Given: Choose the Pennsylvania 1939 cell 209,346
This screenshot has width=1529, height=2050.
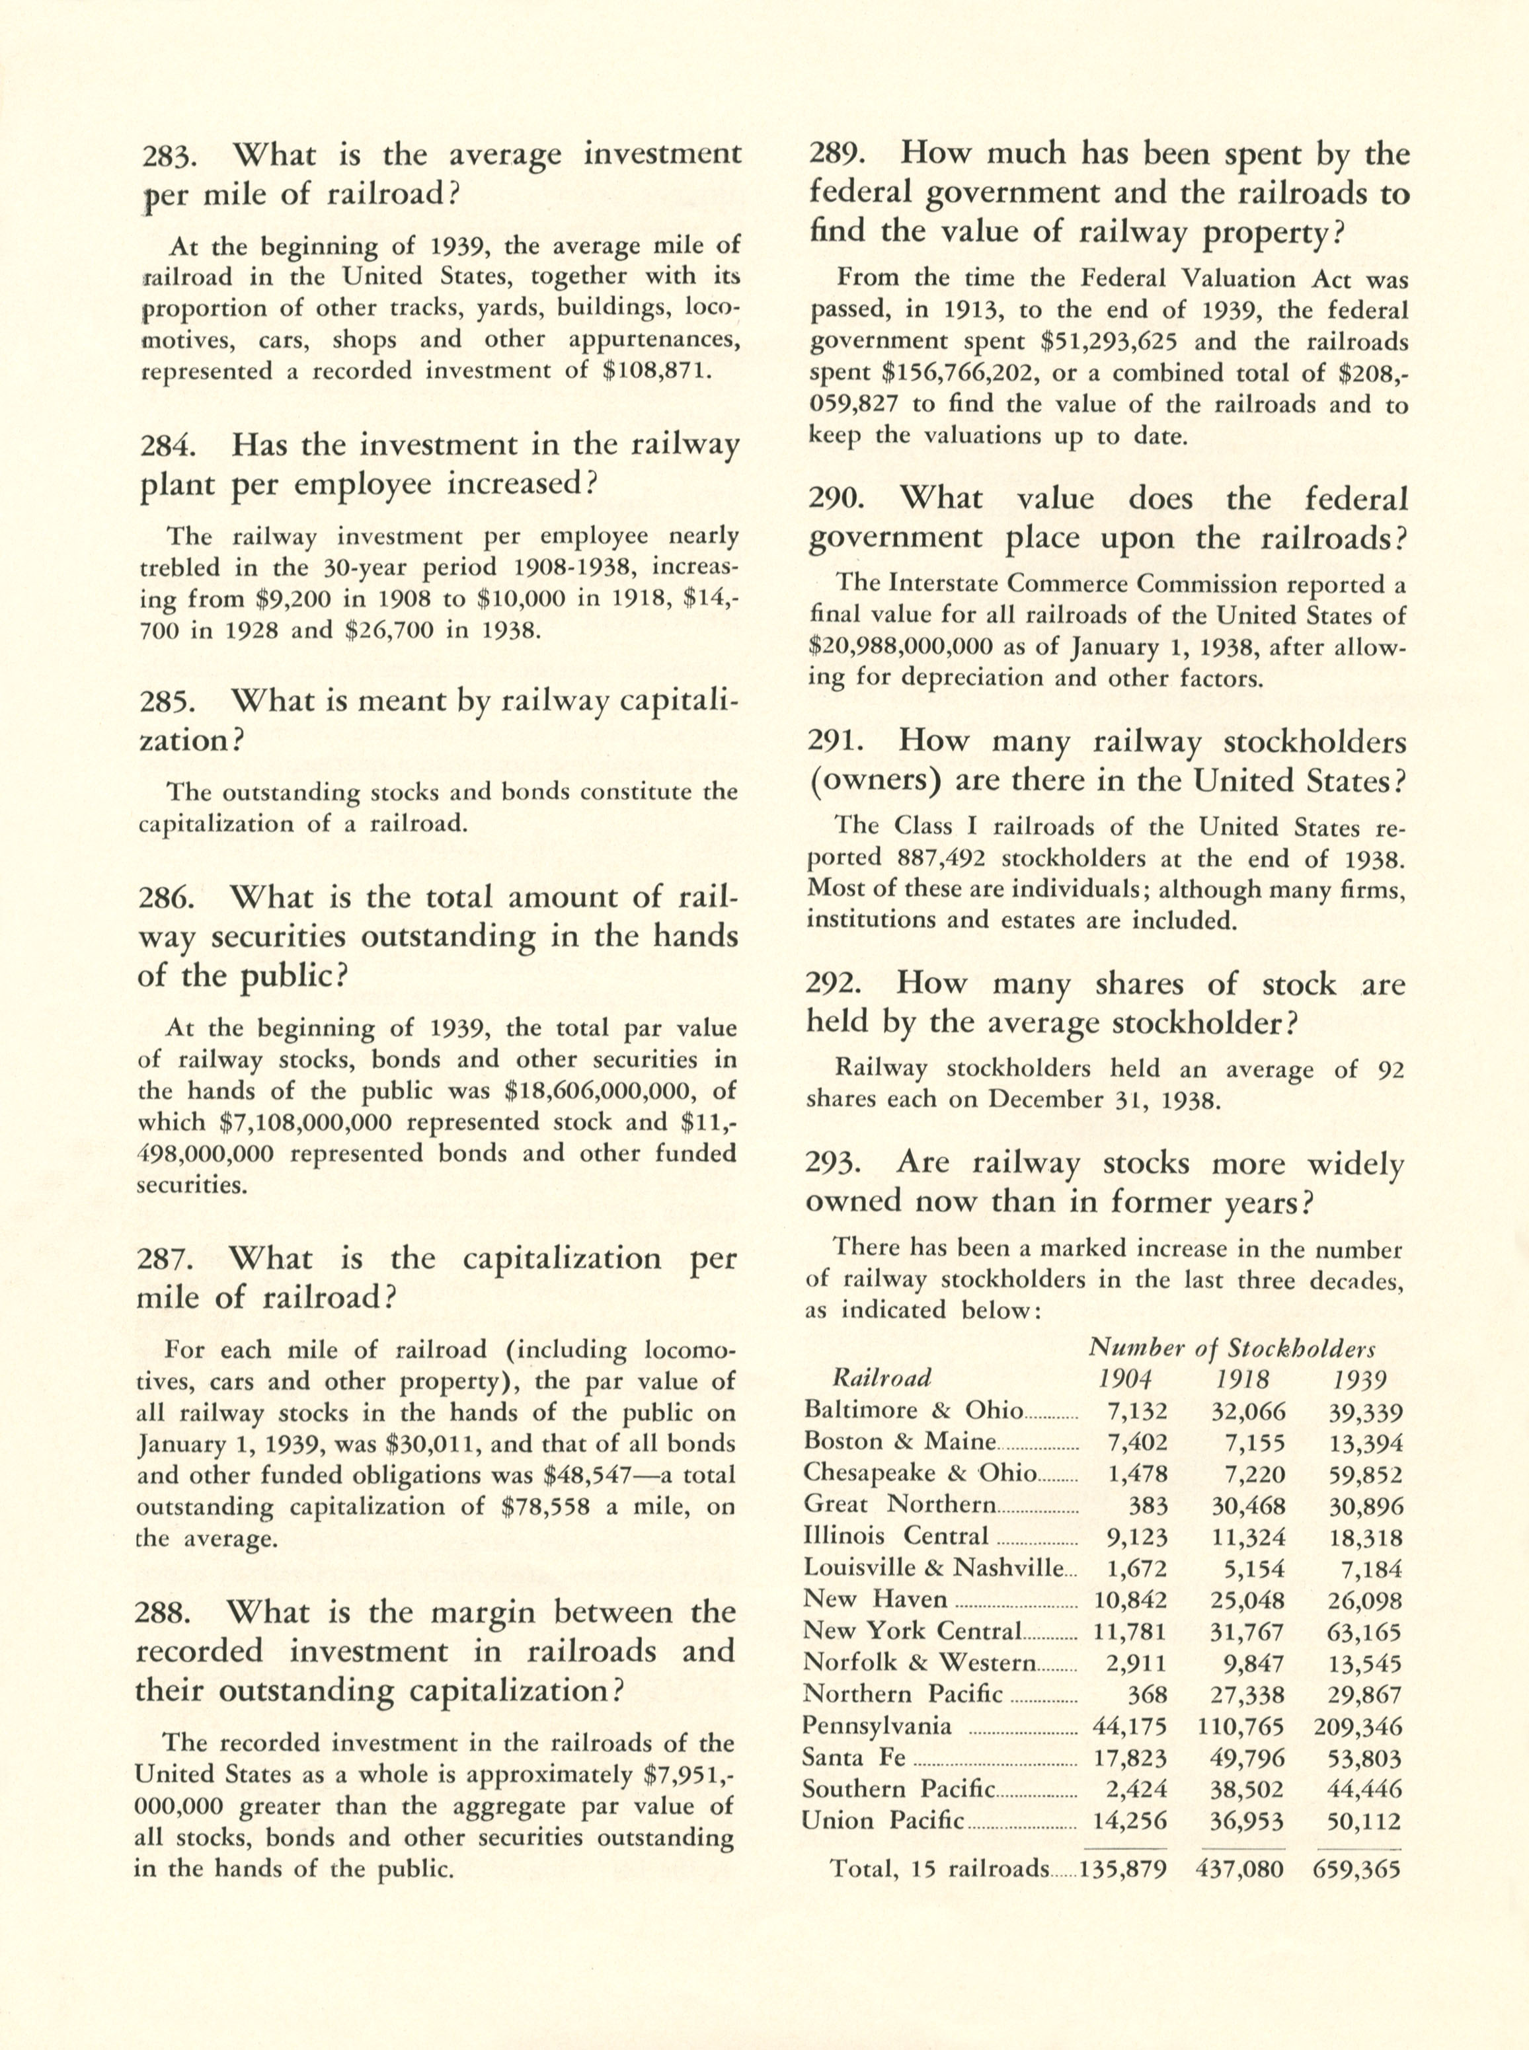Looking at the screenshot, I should [1357, 1727].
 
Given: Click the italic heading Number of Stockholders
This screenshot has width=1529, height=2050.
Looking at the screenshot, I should [1231, 1348].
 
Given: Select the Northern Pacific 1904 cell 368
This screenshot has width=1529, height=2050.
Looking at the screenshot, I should [1147, 1694].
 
